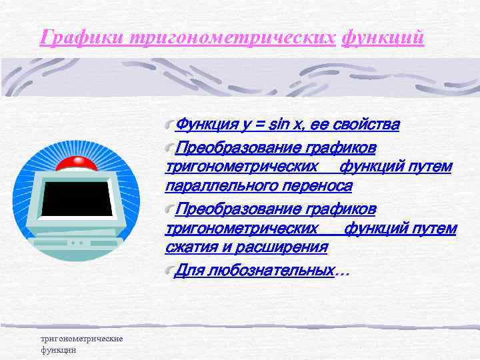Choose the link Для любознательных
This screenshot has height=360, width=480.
coord(253,271)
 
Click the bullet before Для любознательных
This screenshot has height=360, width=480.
coord(169,271)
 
